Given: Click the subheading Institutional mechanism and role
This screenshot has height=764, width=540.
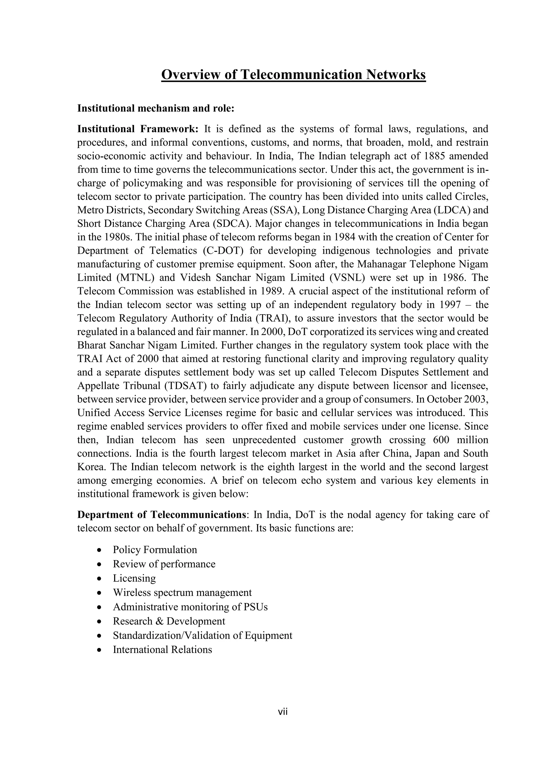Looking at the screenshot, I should click(156, 108).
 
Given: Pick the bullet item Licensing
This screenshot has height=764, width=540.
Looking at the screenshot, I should click(134, 578).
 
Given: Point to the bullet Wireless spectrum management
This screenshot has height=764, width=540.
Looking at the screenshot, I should click(182, 592).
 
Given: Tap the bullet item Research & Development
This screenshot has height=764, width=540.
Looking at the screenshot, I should click(169, 621).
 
